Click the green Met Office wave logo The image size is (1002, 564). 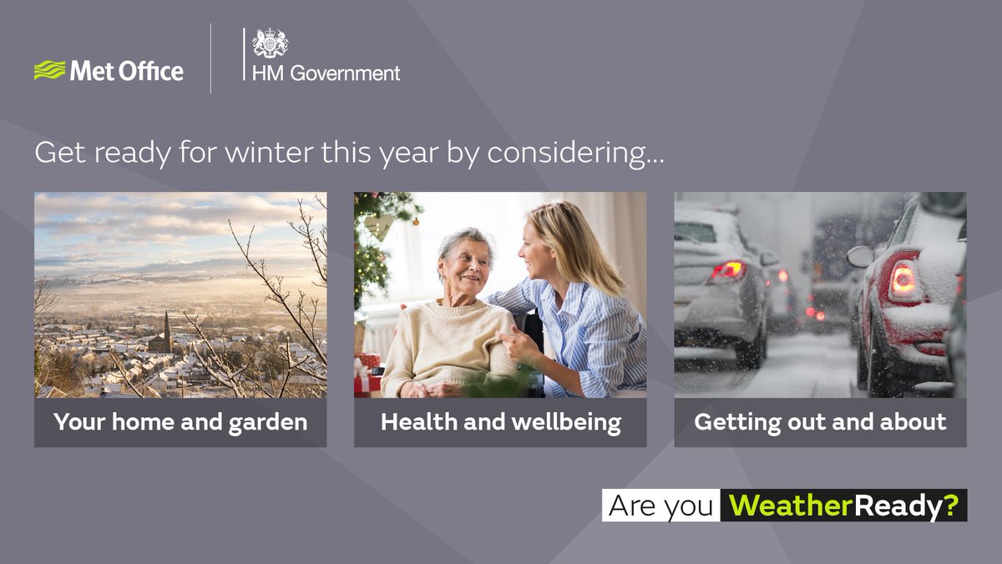pyautogui.click(x=49, y=70)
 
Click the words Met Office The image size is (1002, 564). pyautogui.click(x=126, y=71)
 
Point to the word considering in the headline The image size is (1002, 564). pyautogui.click(x=576, y=154)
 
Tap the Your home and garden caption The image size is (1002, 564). pyautogui.click(x=180, y=422)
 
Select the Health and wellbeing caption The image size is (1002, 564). pyautogui.click(x=500, y=422)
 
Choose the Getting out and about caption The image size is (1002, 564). pyautogui.click(x=820, y=422)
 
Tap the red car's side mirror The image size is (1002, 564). pyautogui.click(x=860, y=256)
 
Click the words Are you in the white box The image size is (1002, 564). pyautogui.click(x=660, y=506)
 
